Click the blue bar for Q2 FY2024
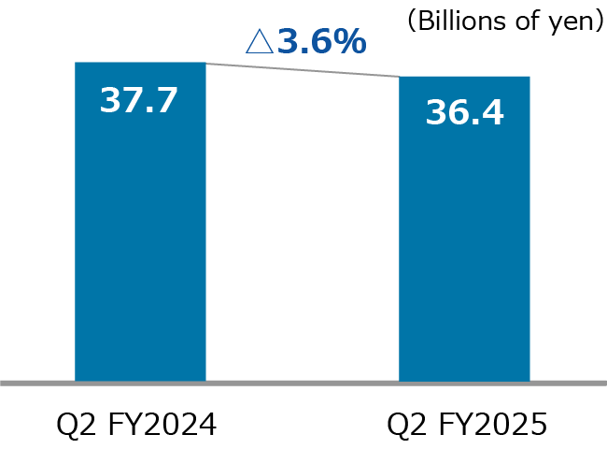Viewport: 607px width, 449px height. (140, 243)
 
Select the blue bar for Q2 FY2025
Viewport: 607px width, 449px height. (464, 253)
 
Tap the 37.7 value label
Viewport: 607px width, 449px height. (138, 100)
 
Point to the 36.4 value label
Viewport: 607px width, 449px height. (464, 113)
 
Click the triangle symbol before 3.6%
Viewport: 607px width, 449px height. (257, 43)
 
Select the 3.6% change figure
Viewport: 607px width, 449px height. (318, 42)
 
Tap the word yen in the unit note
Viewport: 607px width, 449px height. (572, 22)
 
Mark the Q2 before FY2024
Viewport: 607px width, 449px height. (76, 426)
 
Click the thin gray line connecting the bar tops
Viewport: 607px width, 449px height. (303, 70)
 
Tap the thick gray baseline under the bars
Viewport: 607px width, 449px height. (303, 382)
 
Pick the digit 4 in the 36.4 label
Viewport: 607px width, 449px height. (491, 113)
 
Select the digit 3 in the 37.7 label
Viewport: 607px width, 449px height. (110, 100)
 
